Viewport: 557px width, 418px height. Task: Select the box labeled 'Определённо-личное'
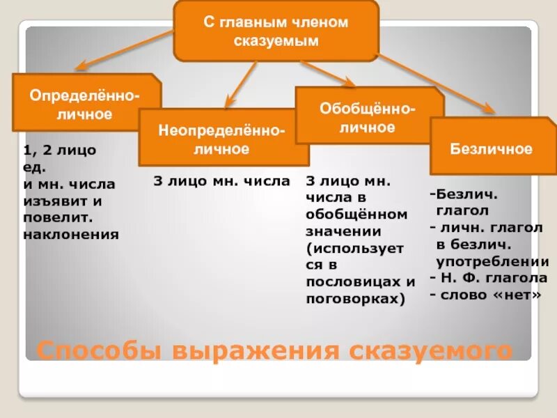(x=85, y=103)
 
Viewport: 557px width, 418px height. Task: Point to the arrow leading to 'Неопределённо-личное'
(x=243, y=84)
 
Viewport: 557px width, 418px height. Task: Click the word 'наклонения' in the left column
(x=71, y=234)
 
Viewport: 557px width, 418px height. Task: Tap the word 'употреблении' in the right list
(x=492, y=262)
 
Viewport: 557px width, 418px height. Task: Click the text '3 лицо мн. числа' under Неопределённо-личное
(x=221, y=182)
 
